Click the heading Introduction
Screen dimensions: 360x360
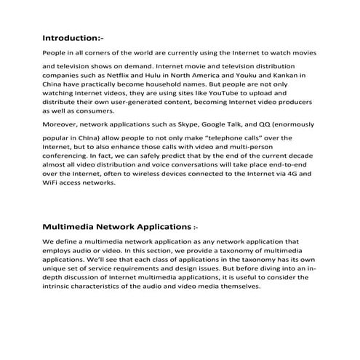coord(72,37)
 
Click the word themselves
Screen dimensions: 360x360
coord(236,287)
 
